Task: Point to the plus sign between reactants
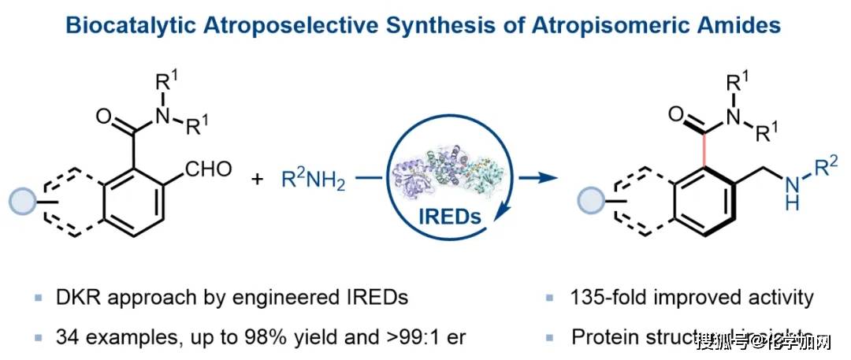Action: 257,180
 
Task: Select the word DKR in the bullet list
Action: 73,298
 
